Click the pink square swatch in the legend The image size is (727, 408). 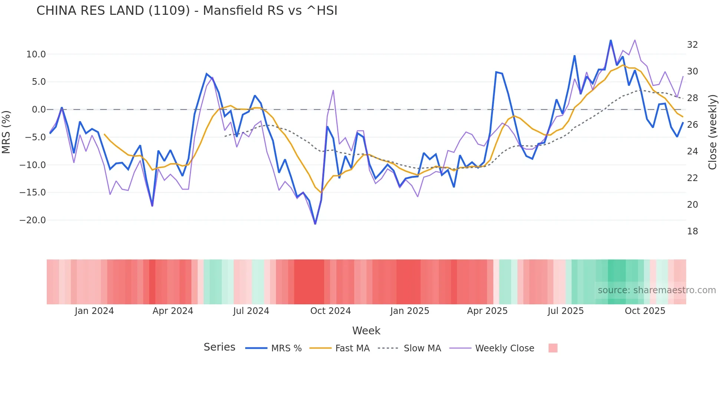tap(553, 348)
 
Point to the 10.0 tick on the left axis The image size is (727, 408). tap(36, 54)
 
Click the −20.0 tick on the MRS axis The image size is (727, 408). tap(33, 220)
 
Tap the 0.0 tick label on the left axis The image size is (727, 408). tap(39, 110)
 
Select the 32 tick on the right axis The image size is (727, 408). tap(692, 45)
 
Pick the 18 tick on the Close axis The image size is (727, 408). tap(692, 231)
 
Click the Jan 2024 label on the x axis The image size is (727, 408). tap(94, 311)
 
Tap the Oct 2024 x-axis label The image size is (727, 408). tap(330, 311)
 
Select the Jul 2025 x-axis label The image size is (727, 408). tap(566, 311)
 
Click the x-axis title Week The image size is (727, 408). tap(366, 331)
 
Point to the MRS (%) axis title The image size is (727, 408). tap(6, 132)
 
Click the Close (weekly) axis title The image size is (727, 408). tap(713, 132)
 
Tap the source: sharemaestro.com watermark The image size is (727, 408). tap(657, 290)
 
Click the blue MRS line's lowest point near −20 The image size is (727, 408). tap(315, 224)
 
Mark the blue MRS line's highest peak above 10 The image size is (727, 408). tap(611, 41)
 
